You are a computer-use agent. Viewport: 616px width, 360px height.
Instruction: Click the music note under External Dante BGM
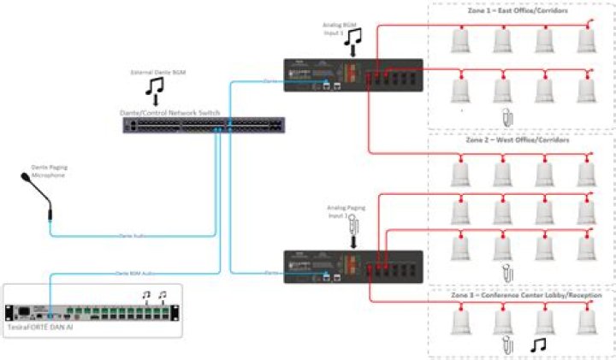pos(155,87)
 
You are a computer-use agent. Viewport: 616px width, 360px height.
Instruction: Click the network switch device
pos(204,125)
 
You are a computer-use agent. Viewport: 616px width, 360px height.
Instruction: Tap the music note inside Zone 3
pos(540,344)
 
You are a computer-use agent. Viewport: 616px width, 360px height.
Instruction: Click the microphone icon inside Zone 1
pos(506,116)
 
